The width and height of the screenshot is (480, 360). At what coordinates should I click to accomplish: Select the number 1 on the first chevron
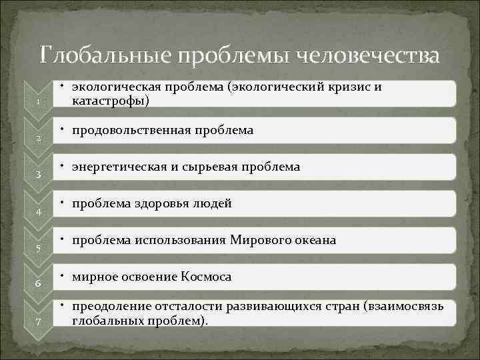coord(39,102)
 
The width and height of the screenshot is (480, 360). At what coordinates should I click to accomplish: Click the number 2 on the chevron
coord(39,139)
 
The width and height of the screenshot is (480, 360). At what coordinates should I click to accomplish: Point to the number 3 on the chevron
coord(39,175)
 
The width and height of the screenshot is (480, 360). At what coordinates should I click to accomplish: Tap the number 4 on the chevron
coord(39,212)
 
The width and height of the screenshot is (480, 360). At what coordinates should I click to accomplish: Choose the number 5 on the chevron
coord(39,249)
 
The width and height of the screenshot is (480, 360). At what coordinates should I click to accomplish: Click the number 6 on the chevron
coord(39,285)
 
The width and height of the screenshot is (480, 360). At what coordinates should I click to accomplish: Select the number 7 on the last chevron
coord(39,322)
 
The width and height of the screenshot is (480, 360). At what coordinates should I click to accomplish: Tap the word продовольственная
coord(133,130)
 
